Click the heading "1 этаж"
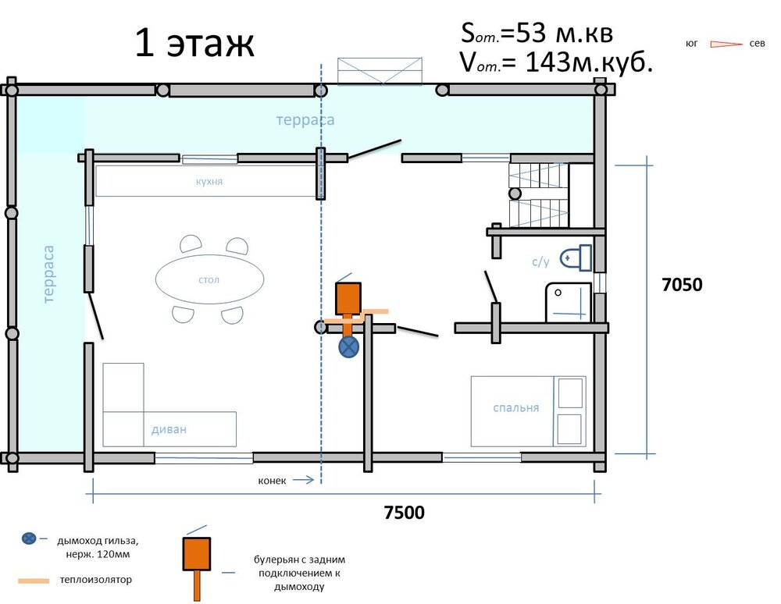pyautogui.click(x=194, y=43)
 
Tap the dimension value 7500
pyautogui.click(x=404, y=513)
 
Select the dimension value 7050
pyautogui.click(x=682, y=285)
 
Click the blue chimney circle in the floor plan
pyautogui.click(x=348, y=347)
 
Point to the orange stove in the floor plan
pyautogui.click(x=348, y=299)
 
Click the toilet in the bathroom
pyautogui.click(x=576, y=258)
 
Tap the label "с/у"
pyautogui.click(x=540, y=261)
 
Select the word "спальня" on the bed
pyautogui.click(x=515, y=408)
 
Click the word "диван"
pyautogui.click(x=169, y=429)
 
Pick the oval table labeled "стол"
pyautogui.click(x=209, y=279)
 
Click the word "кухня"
pyautogui.click(x=209, y=182)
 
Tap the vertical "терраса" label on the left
pyautogui.click(x=48, y=274)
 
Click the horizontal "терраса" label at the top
pyautogui.click(x=305, y=120)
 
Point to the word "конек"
pyautogui.click(x=272, y=481)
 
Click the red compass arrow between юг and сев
pyautogui.click(x=726, y=44)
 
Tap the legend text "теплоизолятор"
pyautogui.click(x=95, y=580)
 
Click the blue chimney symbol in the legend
pyautogui.click(x=29, y=538)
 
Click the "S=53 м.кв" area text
pyautogui.click(x=537, y=34)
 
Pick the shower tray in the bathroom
pyautogui.click(x=569, y=302)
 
